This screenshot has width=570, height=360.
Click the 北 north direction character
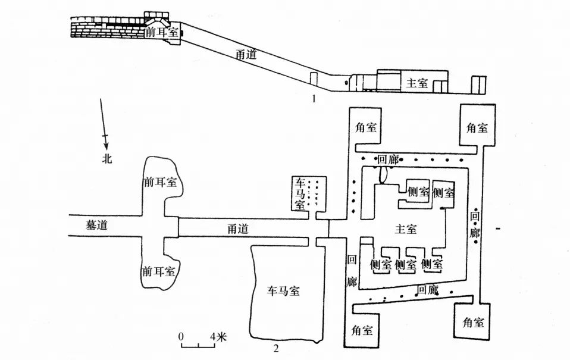tap(107, 158)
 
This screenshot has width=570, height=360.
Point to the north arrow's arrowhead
tap(106, 146)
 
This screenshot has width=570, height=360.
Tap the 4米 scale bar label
tap(218, 337)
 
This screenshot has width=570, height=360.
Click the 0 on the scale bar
tap(181, 337)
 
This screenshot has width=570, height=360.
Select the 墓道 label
tap(97, 225)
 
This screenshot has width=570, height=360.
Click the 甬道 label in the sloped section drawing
tap(246, 54)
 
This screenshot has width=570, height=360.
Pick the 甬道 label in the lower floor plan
tap(238, 228)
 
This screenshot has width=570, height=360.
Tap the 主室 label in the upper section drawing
tap(417, 83)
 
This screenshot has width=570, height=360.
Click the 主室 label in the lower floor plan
tap(406, 229)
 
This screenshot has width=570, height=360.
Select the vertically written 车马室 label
tap(300, 194)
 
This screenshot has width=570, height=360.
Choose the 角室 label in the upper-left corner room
tap(366, 127)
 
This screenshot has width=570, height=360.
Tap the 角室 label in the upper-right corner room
tap(477, 127)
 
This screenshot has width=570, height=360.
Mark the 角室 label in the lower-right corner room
tap(473, 322)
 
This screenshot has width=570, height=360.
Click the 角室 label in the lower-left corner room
tap(362, 330)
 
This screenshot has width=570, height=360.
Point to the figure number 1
tap(314, 98)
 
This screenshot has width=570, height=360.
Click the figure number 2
tap(276, 349)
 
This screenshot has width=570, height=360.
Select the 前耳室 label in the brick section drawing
tap(162, 32)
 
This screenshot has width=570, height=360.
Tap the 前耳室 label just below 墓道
tap(159, 271)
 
